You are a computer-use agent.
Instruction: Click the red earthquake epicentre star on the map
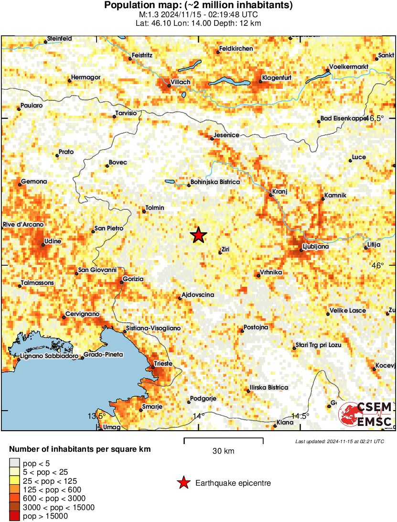(198, 235)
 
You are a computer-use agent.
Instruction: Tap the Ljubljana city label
(316, 247)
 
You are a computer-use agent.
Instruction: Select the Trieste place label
(163, 364)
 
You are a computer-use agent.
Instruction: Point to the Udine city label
(52, 241)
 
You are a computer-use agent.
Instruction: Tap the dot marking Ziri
(220, 252)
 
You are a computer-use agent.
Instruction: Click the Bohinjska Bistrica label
(215, 182)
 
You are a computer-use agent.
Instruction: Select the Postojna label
(256, 327)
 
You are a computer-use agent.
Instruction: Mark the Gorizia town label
(133, 278)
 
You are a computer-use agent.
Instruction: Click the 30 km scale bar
(224, 438)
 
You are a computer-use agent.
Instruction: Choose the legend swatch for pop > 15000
(15, 516)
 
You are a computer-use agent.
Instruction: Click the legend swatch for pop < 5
(15, 463)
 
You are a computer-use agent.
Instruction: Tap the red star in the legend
(183, 483)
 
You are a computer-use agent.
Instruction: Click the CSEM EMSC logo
(366, 414)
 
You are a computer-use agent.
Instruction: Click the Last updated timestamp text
(339, 441)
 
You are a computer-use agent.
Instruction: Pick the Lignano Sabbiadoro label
(48, 356)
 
